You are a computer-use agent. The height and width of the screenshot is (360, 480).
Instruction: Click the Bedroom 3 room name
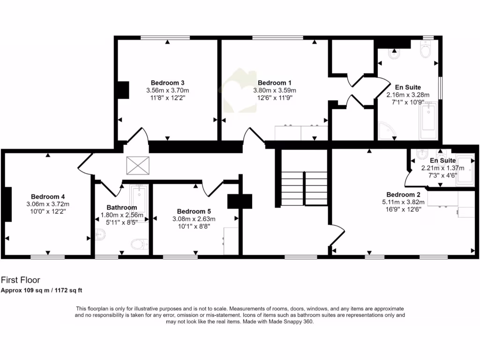167,82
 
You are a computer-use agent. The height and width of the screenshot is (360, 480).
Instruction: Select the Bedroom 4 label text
48,196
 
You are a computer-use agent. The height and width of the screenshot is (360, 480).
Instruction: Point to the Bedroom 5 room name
194,211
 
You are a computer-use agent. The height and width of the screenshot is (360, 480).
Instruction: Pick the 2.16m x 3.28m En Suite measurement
407,94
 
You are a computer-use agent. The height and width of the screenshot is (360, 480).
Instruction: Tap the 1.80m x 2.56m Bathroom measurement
122,215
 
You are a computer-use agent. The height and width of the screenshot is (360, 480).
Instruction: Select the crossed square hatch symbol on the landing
137,165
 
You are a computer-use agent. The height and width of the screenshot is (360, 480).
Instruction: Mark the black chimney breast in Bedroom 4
8,204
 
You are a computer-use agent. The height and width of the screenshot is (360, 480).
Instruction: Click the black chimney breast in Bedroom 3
123,90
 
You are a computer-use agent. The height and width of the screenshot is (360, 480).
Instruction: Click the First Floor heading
21,280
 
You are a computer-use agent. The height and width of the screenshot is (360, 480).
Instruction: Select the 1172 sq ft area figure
68,290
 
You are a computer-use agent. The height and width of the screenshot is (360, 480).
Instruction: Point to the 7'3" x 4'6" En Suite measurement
442,175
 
